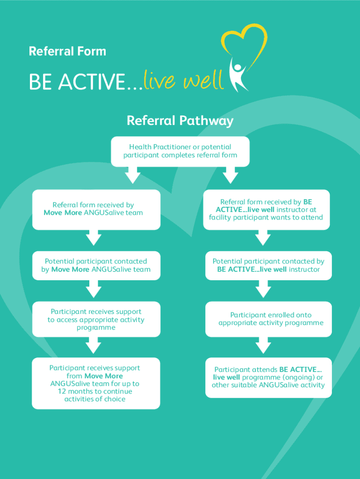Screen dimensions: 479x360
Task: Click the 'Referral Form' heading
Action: click(x=67, y=51)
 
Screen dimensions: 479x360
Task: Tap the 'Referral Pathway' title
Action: click(x=180, y=121)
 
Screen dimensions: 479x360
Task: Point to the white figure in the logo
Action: click(x=239, y=75)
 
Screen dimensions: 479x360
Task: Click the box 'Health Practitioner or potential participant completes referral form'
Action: click(x=180, y=151)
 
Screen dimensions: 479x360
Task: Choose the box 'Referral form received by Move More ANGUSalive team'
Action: click(x=96, y=209)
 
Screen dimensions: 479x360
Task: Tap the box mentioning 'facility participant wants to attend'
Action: click(x=266, y=210)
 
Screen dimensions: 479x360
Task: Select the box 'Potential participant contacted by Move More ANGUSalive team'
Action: click(x=96, y=265)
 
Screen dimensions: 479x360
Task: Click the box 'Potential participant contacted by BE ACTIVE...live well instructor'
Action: click(x=268, y=265)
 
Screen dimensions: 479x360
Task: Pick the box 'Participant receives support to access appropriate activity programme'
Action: click(x=96, y=319)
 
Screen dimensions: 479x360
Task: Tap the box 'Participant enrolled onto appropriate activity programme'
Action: click(x=268, y=319)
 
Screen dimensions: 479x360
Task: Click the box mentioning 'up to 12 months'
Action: click(x=96, y=383)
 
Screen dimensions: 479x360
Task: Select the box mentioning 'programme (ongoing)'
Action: click(x=268, y=377)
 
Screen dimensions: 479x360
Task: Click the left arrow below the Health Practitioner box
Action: click(x=132, y=175)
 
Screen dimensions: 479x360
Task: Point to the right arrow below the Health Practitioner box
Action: click(x=230, y=175)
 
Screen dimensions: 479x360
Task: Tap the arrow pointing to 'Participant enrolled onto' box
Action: click(x=263, y=290)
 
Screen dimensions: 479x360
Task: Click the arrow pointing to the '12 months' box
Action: click(x=94, y=346)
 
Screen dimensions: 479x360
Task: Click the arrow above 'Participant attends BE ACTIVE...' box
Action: click(x=263, y=346)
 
